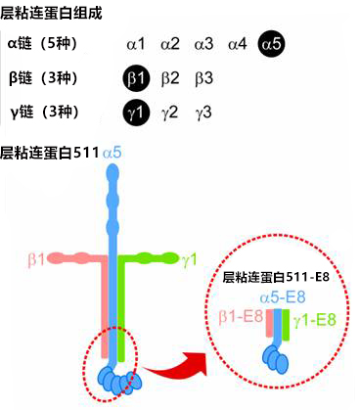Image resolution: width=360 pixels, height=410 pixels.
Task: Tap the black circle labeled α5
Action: click(271, 43)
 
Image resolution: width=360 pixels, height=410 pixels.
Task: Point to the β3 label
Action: click(203, 77)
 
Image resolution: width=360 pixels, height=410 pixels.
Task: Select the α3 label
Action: click(203, 43)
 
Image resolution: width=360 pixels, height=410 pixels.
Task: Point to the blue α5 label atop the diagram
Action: click(112, 153)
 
